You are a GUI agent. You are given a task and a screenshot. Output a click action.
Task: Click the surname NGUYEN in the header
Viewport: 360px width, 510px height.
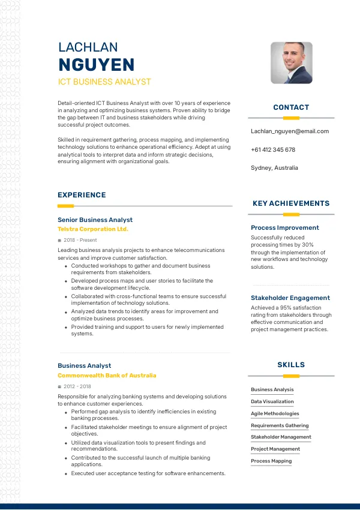click(x=96, y=65)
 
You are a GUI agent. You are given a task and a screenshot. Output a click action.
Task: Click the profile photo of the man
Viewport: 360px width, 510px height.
click(x=292, y=62)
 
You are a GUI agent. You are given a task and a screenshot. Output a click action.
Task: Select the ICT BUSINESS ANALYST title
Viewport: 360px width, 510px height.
click(x=104, y=82)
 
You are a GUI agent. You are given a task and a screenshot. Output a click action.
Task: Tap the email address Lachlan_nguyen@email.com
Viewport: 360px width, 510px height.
click(x=290, y=131)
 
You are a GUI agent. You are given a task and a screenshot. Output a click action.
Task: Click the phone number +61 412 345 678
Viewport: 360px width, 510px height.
click(x=273, y=149)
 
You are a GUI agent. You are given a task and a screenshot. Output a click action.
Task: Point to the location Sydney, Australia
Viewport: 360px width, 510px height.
click(x=274, y=168)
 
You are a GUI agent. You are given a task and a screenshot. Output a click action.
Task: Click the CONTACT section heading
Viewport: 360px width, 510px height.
click(x=291, y=107)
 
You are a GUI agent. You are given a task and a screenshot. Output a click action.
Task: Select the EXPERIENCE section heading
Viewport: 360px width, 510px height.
click(x=82, y=195)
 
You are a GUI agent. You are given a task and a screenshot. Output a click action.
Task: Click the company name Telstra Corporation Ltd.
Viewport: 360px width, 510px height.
click(x=93, y=229)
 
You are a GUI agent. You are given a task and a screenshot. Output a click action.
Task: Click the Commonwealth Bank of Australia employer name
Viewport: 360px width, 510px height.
click(x=107, y=376)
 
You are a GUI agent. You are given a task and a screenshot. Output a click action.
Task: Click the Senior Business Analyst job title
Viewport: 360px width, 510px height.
click(x=95, y=220)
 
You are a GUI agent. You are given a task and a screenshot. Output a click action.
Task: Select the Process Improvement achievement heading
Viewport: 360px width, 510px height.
click(x=285, y=227)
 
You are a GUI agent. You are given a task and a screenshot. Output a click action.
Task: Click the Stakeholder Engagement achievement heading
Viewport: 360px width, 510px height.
click(x=290, y=298)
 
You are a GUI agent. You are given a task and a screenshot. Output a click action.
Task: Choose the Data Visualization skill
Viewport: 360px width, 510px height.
click(x=272, y=401)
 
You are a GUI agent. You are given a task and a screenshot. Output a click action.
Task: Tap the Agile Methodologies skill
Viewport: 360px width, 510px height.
click(x=275, y=413)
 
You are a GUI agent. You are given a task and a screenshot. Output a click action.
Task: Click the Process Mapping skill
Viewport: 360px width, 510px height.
click(x=271, y=461)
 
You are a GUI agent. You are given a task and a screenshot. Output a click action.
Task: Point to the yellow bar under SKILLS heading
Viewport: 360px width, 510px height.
click(x=291, y=376)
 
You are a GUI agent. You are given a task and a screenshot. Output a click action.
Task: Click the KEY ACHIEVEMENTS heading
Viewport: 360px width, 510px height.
click(x=291, y=203)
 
